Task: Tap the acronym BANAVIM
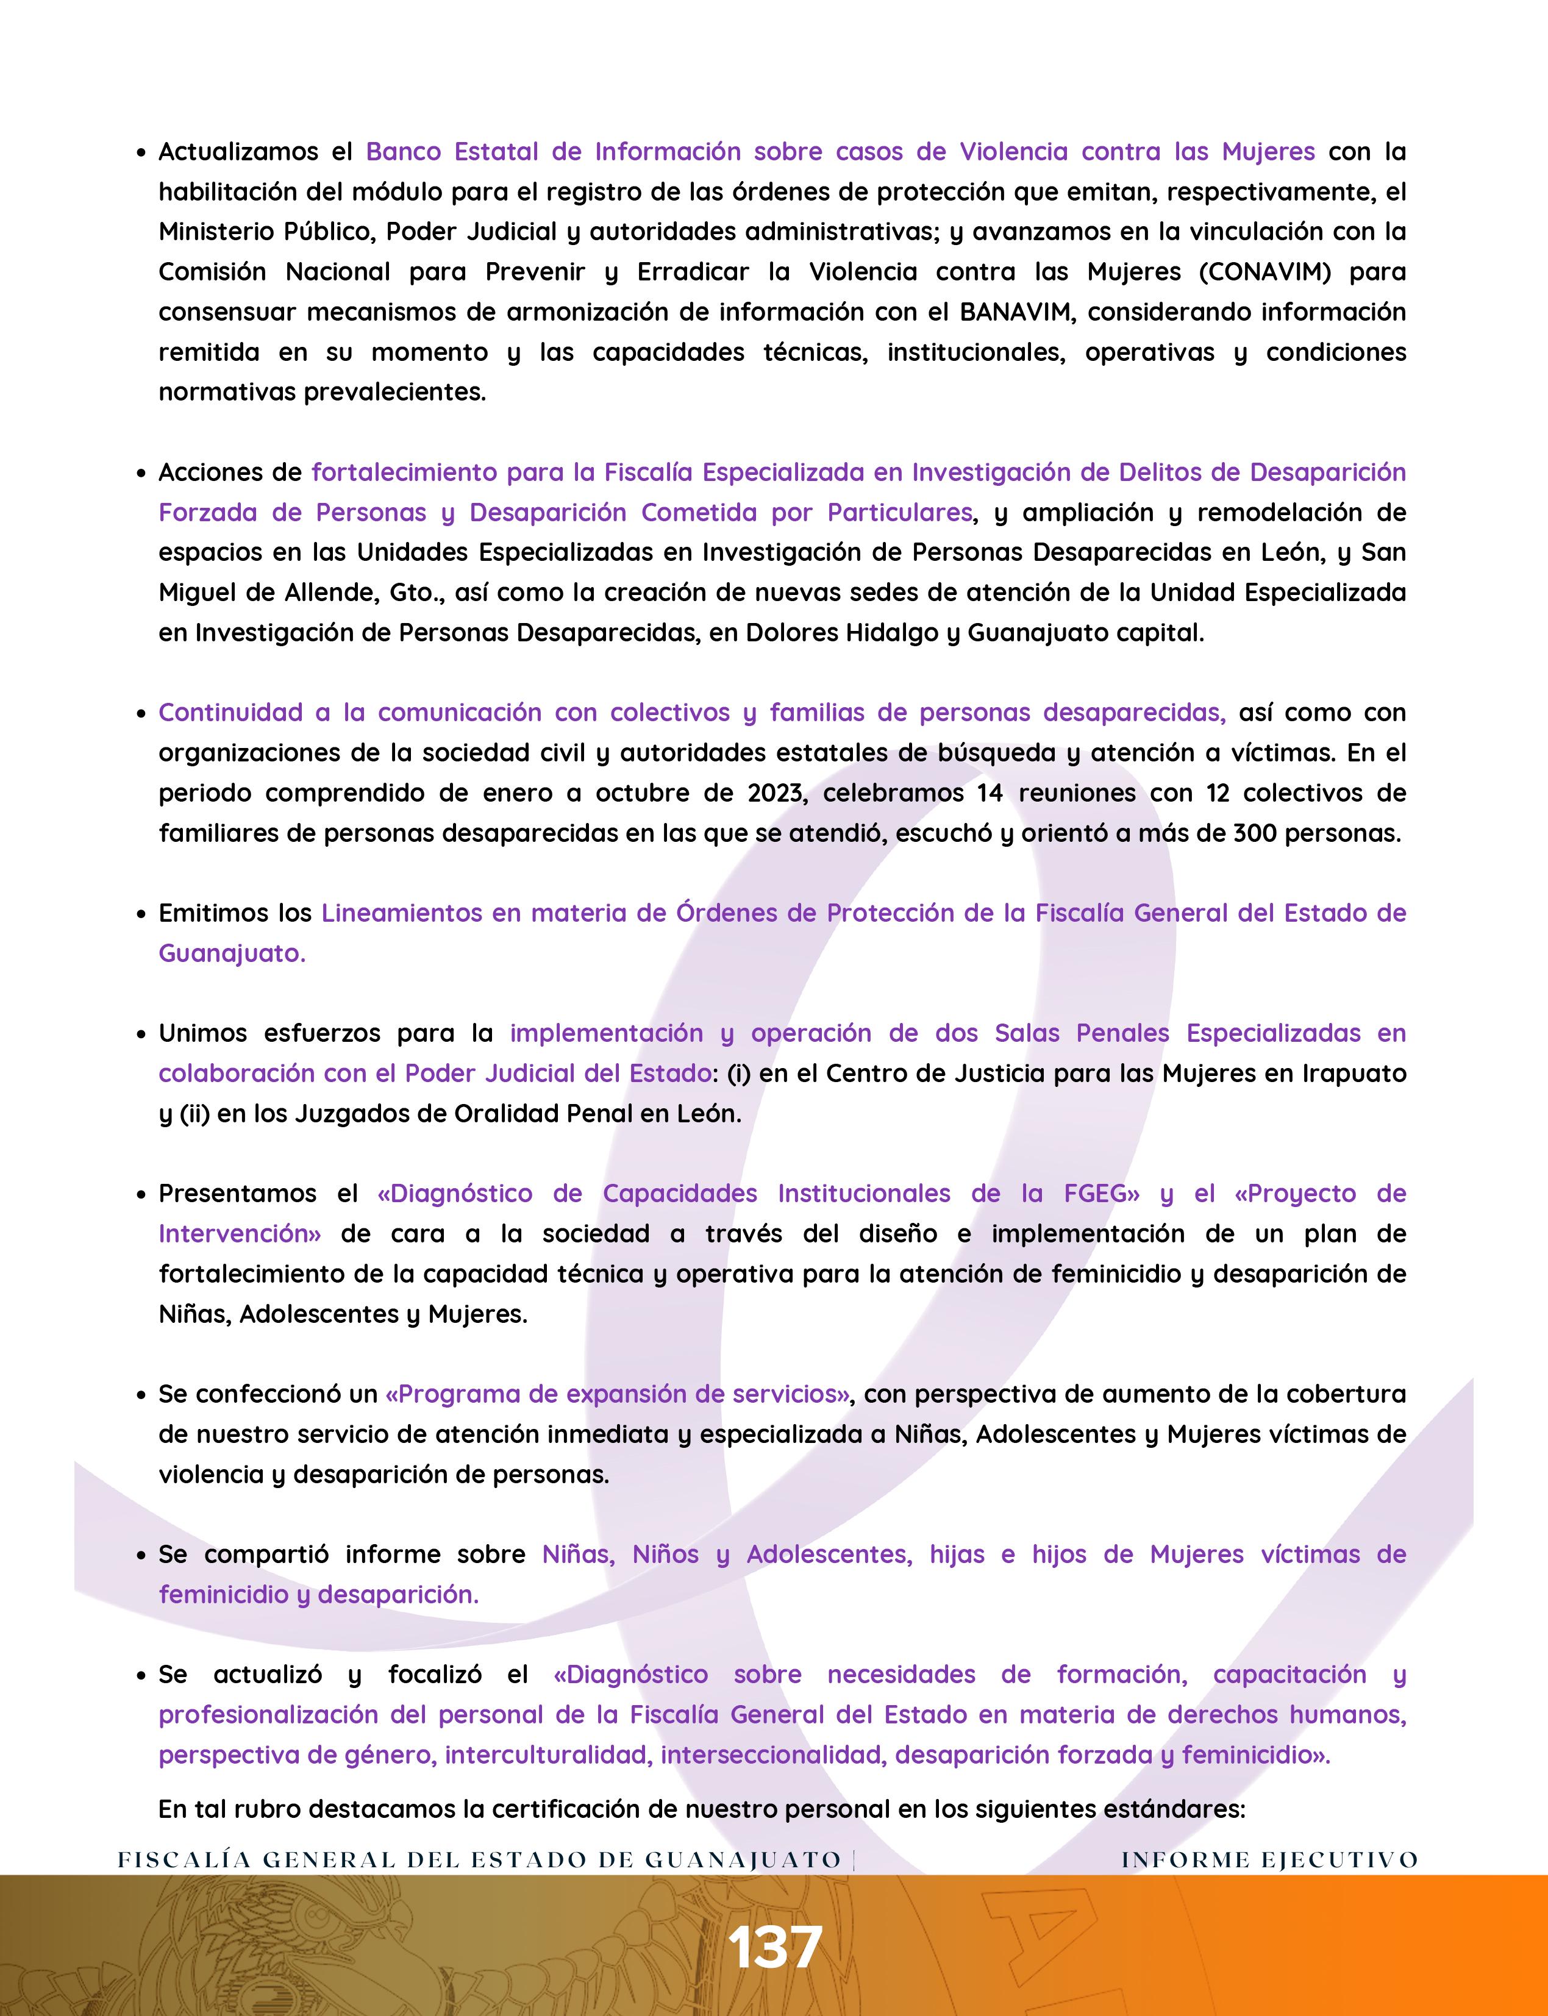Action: click(x=1016, y=312)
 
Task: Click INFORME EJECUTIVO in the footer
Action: click(x=1269, y=1859)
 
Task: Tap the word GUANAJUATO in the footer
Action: click(x=743, y=1859)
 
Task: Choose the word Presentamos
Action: click(x=238, y=1194)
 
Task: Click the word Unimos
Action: click(x=202, y=1034)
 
